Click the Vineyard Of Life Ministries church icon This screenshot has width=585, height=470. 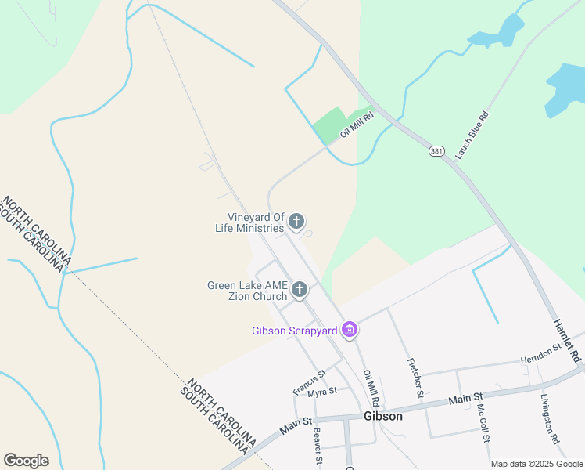pyautogui.click(x=296, y=222)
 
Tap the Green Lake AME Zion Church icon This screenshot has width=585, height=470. pyautogui.click(x=299, y=291)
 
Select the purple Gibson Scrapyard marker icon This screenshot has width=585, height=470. pyautogui.click(x=350, y=331)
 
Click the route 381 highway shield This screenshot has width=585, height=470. pyautogui.click(x=436, y=150)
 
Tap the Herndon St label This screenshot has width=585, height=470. pyautogui.click(x=541, y=352)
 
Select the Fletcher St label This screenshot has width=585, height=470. pyautogui.click(x=415, y=377)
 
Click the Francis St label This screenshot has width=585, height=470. pyautogui.click(x=309, y=383)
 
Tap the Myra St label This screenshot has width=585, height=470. pyautogui.click(x=321, y=392)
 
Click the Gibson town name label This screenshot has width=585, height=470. pyautogui.click(x=383, y=416)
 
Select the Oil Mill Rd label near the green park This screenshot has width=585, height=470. pyautogui.click(x=357, y=125)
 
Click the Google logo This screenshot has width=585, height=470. pyautogui.click(x=26, y=461)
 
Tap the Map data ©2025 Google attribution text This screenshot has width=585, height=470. pyautogui.click(x=536, y=464)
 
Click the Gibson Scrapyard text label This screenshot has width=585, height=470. pyautogui.click(x=294, y=331)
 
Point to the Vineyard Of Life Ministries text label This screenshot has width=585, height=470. pyautogui.click(x=255, y=222)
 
